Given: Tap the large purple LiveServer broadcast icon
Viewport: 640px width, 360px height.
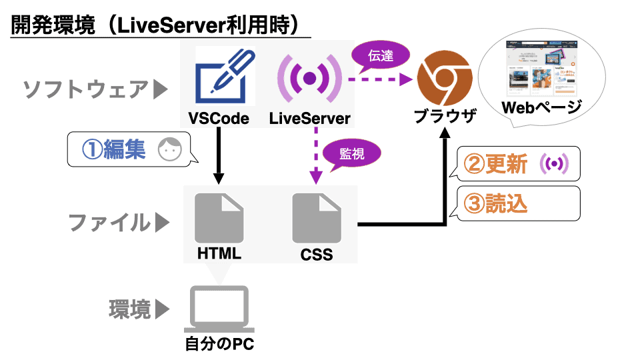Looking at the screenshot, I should coord(309,77).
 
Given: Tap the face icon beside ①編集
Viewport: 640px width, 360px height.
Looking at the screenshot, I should coord(169,150).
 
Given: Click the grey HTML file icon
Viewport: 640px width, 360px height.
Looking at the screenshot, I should coord(219,218).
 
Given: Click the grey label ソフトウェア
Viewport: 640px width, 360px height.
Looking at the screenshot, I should coord(85,89).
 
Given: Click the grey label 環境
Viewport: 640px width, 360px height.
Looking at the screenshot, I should coord(130,309).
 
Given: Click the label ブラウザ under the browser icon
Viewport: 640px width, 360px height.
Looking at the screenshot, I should coord(445,117).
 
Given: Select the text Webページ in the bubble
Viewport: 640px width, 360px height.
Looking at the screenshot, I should coord(541,107).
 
